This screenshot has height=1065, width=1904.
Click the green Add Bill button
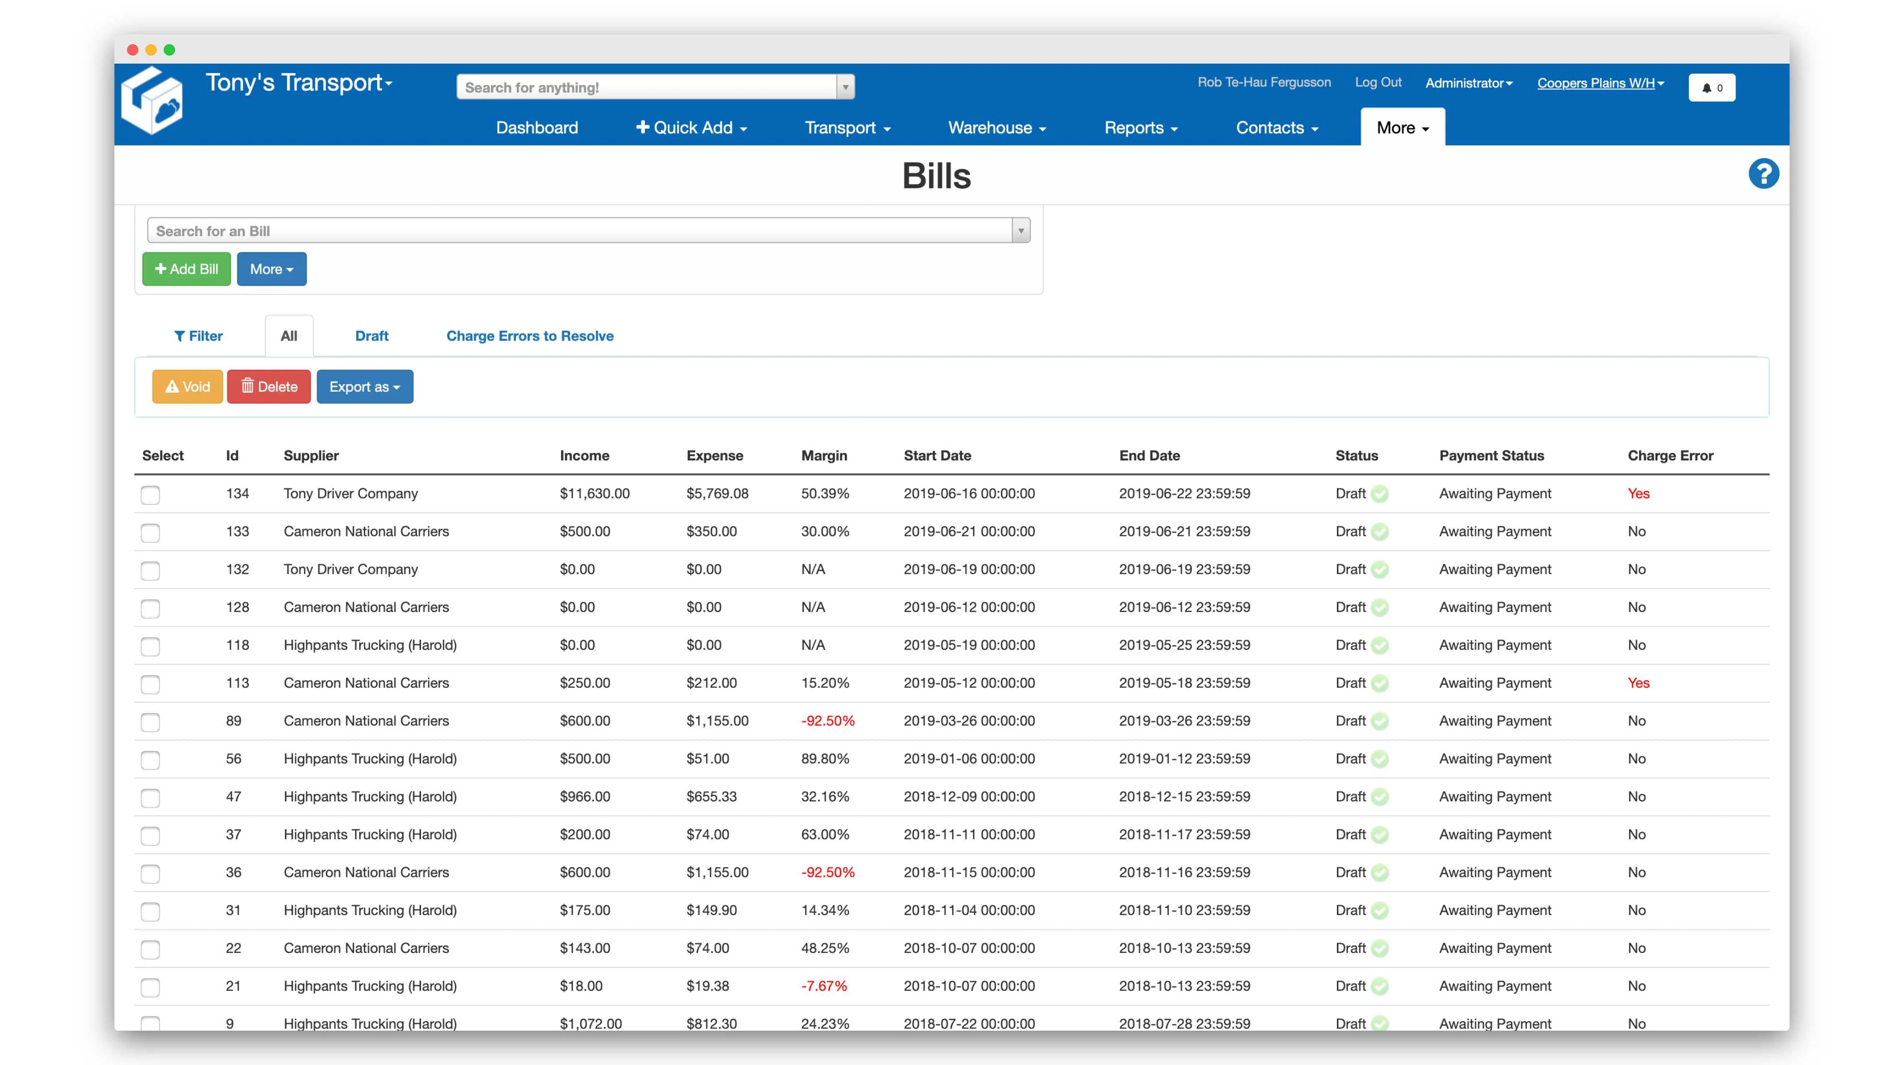(186, 269)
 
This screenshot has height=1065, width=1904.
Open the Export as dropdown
(364, 387)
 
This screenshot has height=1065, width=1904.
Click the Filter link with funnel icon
(198, 335)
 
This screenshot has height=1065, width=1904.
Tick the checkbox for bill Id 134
(150, 494)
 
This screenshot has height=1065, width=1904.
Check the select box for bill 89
(150, 722)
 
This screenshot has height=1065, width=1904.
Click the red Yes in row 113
(1638, 683)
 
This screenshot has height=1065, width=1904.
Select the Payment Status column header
(1491, 455)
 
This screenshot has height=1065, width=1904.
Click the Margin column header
(823, 455)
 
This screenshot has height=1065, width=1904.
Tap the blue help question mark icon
(1763, 174)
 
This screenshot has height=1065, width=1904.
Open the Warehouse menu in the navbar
(996, 128)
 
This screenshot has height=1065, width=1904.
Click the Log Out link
(1377, 82)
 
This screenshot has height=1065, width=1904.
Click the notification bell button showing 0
(1711, 87)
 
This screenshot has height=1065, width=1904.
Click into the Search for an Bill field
(580, 231)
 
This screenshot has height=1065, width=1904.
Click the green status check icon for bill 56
(1379, 759)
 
